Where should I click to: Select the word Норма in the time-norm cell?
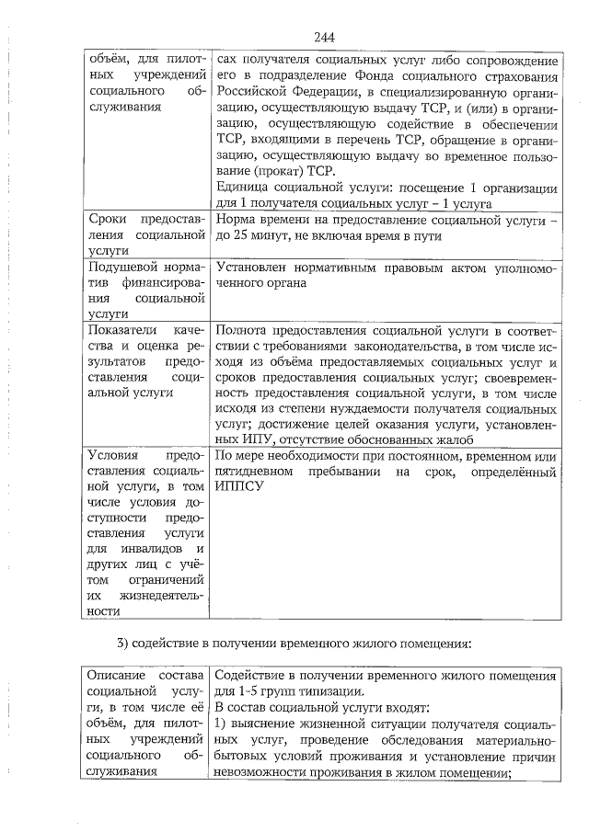236,220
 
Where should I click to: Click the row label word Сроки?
109,220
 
